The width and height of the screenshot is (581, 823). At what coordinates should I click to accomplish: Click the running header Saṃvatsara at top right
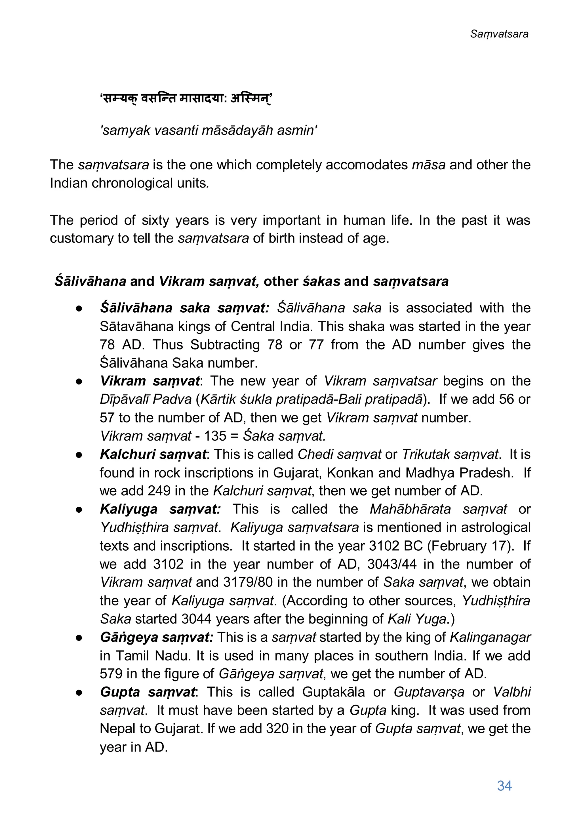pyautogui.click(x=499, y=34)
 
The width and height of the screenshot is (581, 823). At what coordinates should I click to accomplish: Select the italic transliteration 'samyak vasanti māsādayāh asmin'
pyautogui.click(x=209, y=130)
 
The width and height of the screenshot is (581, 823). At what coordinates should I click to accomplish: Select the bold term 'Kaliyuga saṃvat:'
pyautogui.click(x=160, y=509)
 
